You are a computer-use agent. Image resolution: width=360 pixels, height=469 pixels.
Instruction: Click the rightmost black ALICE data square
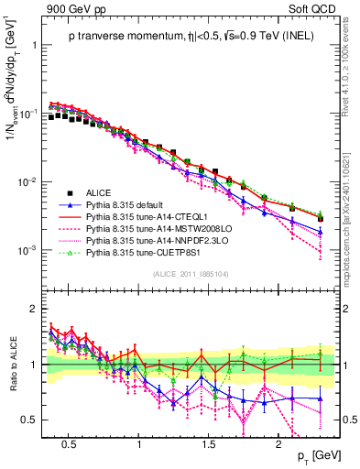tap(321, 219)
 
